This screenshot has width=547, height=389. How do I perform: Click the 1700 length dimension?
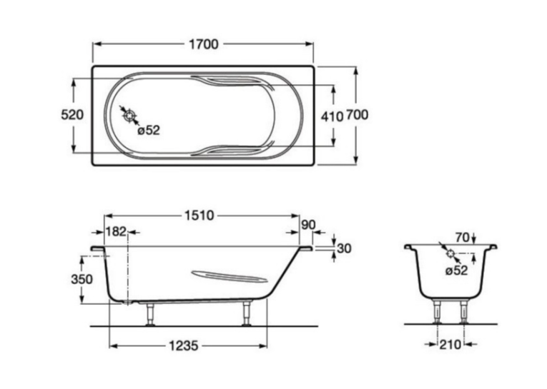tap(204, 44)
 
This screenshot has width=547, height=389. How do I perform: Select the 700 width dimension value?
tap(357, 115)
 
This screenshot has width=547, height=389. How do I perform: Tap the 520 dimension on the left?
tap(72, 115)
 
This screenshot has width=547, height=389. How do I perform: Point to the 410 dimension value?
tap(332, 116)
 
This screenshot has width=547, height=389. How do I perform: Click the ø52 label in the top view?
tap(149, 130)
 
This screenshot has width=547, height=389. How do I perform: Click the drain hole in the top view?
tap(129, 115)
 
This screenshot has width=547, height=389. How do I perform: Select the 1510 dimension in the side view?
tap(199, 216)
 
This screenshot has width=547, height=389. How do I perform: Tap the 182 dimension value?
tap(115, 231)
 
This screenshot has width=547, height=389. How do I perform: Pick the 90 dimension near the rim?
tap(308, 225)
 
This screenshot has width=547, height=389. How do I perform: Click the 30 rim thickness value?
tap(344, 248)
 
